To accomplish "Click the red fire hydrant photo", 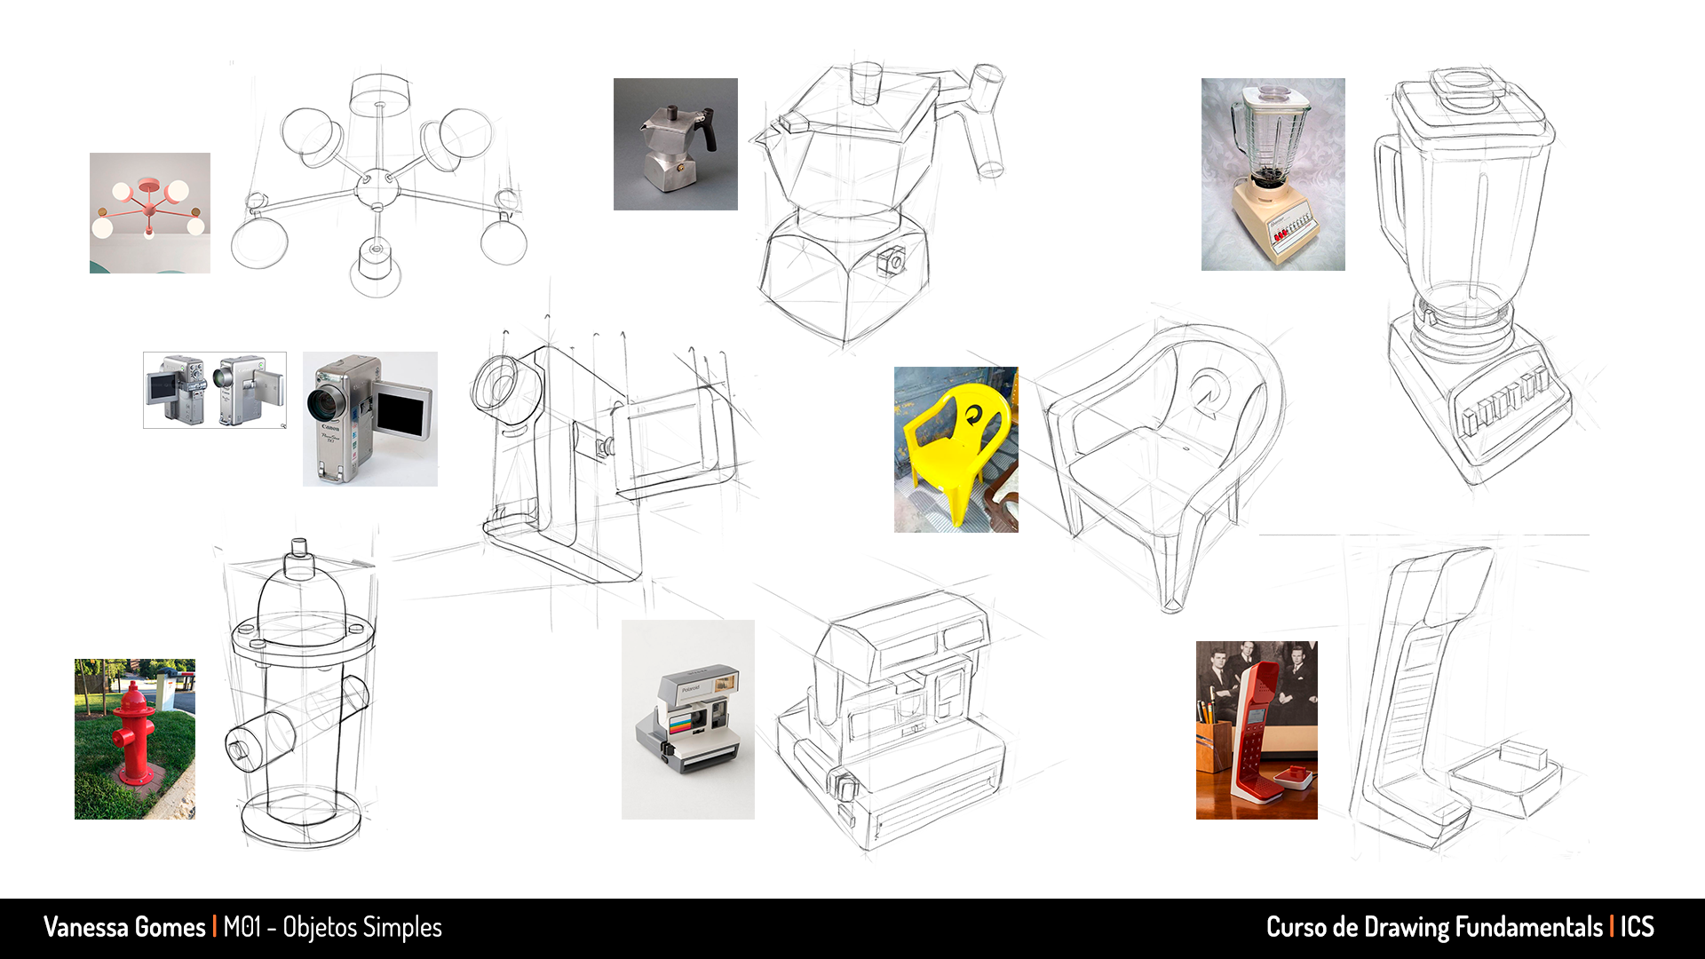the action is (x=135, y=739).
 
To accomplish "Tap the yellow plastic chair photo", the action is (x=956, y=449).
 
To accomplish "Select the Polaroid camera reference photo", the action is (x=688, y=719).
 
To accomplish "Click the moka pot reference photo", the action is (x=676, y=144).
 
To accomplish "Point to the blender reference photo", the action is (x=1273, y=174).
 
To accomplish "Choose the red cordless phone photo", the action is (x=1257, y=730).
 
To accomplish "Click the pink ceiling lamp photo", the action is (x=150, y=213).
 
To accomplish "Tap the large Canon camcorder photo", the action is (x=370, y=419).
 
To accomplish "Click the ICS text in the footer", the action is (x=1637, y=927).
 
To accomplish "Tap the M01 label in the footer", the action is (x=242, y=927).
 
